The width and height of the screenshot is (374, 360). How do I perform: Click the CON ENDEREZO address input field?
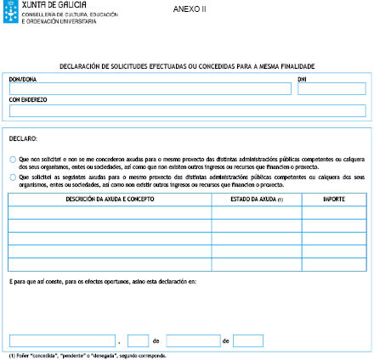coord(186,111)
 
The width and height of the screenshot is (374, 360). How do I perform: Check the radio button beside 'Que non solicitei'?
coord(13,159)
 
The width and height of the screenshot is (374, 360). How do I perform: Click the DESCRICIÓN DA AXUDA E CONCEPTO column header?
coord(110,199)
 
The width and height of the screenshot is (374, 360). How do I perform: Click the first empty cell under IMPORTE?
coord(334,211)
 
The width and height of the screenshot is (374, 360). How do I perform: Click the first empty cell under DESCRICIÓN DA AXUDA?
coord(110,211)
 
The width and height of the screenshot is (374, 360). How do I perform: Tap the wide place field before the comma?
coord(61,340)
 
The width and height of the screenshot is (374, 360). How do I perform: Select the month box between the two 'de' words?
coord(193,340)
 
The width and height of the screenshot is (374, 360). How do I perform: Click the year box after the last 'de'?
coord(248,340)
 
